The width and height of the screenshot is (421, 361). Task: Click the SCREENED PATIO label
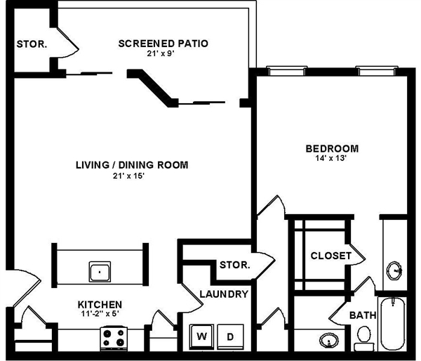pyautogui.click(x=163, y=44)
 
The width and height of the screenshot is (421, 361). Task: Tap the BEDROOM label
pyautogui.click(x=332, y=148)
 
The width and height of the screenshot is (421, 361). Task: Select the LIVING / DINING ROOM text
pyautogui.click(x=132, y=165)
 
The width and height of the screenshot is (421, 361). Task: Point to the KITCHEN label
pyautogui.click(x=100, y=304)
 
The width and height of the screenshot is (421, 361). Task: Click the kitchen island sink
pyautogui.click(x=99, y=270)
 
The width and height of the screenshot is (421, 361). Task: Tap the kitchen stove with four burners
pyautogui.click(x=114, y=338)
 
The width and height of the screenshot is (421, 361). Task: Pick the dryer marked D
pyautogui.click(x=229, y=336)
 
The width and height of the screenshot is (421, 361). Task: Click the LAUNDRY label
pyautogui.click(x=223, y=294)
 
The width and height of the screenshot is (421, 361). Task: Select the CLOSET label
pyautogui.click(x=330, y=256)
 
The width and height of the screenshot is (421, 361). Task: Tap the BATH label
pyautogui.click(x=363, y=315)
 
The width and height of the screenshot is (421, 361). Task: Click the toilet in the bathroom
pyautogui.click(x=363, y=341)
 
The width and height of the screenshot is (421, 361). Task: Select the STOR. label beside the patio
pyautogui.click(x=32, y=44)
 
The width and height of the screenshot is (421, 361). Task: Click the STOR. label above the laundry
pyautogui.click(x=234, y=265)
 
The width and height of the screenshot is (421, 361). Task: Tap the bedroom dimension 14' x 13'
pyautogui.click(x=332, y=159)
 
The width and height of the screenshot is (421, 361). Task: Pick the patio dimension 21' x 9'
pyautogui.click(x=163, y=53)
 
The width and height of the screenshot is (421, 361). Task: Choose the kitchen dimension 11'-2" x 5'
pyautogui.click(x=100, y=315)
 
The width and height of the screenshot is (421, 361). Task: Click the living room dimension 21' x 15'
pyautogui.click(x=132, y=176)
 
